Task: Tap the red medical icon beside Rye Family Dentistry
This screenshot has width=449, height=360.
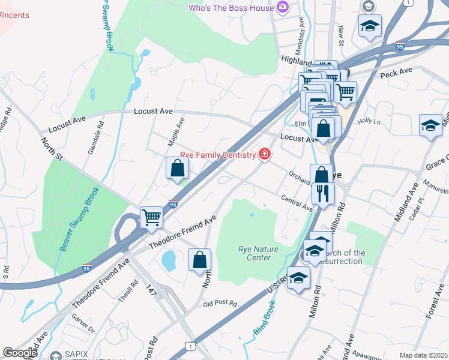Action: coord(264,155)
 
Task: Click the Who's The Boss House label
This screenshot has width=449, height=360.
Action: coord(231,8)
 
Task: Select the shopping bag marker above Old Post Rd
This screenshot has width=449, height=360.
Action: coord(200,260)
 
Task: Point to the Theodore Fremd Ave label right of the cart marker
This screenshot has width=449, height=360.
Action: coord(182,233)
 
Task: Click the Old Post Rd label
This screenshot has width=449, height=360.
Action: coord(220,304)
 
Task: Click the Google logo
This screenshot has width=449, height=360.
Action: coord(20,352)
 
